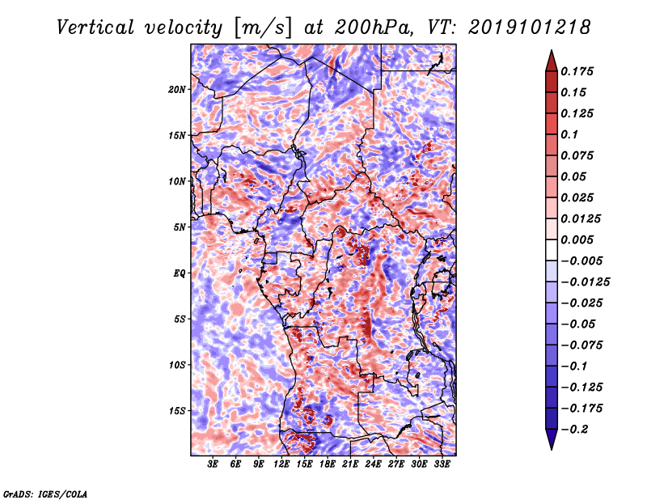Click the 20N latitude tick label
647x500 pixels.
pos(177,90)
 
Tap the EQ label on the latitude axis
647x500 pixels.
pos(180,273)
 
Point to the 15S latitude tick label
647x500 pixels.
pos(177,411)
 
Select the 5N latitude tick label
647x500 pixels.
pos(180,227)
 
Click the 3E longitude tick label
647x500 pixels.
pos(213,464)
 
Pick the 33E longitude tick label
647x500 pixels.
pos(442,464)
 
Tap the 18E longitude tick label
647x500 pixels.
pos(328,464)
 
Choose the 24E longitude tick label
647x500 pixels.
pos(373,464)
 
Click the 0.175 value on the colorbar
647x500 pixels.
pos(577,71)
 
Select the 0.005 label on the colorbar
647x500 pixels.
pos(577,239)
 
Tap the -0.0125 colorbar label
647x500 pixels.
pos(585,282)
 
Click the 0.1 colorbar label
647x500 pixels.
pos(569,134)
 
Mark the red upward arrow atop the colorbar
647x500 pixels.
pos(552,61)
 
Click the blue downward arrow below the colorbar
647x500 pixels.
pos(552,439)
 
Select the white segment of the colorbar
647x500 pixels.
pos(552,250)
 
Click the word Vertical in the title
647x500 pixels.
pos(95,28)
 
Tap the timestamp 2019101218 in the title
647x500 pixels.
pos(530,28)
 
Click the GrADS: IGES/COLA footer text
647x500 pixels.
pos(45,494)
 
